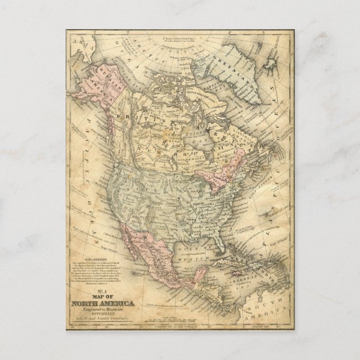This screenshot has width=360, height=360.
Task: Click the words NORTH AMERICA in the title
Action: [x=103, y=303]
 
